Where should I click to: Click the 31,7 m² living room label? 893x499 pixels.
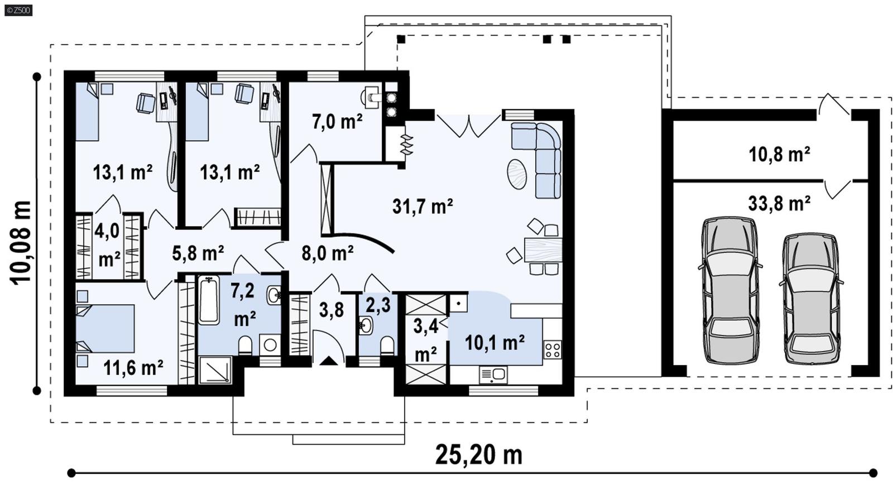[423, 206]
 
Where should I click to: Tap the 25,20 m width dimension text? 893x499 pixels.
[478, 454]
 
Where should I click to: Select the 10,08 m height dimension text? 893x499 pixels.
[21, 243]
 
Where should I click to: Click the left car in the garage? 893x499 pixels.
[729, 290]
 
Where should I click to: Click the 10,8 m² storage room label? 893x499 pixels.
[779, 154]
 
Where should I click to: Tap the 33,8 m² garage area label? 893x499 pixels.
[779, 203]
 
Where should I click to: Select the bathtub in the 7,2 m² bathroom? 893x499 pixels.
[209, 300]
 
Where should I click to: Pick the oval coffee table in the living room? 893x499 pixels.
[517, 174]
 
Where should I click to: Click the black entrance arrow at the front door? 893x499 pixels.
[329, 361]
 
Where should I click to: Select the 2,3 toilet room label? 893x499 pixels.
[378, 305]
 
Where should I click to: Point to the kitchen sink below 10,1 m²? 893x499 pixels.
[493, 375]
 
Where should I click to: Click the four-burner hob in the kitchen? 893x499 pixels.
[553, 350]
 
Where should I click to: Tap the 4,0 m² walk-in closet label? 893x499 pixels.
[108, 244]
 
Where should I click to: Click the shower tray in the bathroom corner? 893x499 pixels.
[215, 370]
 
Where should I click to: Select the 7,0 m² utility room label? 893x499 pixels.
[337, 121]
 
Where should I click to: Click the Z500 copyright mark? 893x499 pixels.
[18, 10]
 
